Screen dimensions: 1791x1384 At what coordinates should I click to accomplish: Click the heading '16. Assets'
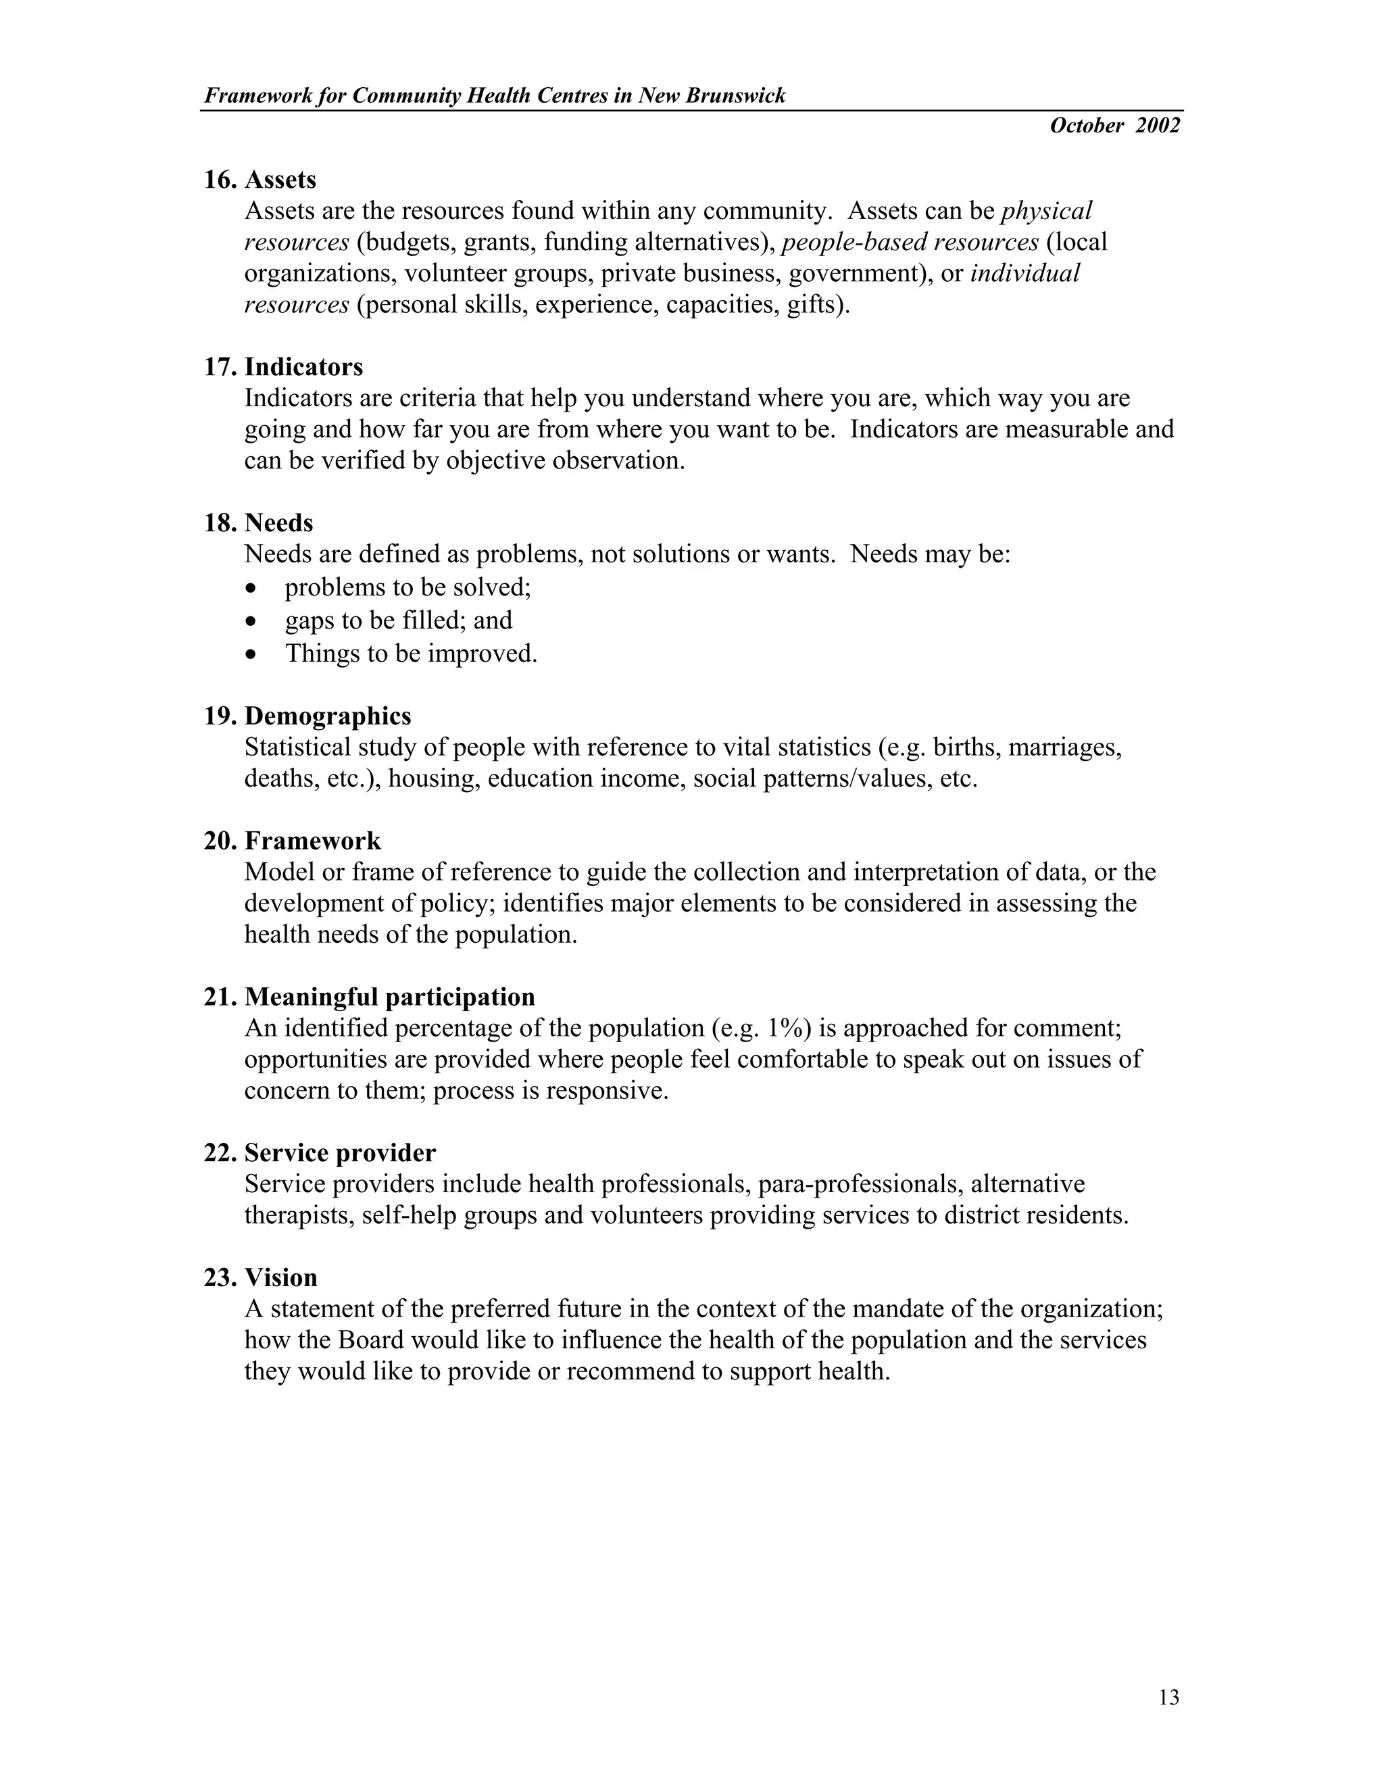tap(260, 180)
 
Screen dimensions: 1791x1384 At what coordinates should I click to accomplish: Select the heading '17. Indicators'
tap(283, 366)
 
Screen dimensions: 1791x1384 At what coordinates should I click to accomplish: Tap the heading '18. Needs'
tap(258, 522)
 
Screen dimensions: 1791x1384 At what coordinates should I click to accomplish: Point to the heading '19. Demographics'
tap(307, 716)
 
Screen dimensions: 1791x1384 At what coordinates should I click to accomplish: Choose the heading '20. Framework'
tap(292, 841)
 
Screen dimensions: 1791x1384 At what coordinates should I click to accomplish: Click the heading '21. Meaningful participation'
tap(369, 996)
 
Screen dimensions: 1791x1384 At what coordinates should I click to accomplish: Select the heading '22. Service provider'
tap(320, 1152)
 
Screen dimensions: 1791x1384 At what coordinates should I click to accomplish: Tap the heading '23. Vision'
tap(260, 1277)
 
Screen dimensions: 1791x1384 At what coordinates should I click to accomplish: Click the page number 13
tap(1169, 1698)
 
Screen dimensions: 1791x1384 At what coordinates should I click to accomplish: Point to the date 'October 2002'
tap(1114, 126)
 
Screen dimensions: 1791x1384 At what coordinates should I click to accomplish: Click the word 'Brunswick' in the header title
tap(735, 96)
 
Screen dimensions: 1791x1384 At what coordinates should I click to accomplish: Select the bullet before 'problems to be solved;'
tap(251, 589)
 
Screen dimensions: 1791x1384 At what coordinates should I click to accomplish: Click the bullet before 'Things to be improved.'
tap(251, 655)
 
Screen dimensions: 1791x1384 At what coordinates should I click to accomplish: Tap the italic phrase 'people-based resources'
tap(910, 243)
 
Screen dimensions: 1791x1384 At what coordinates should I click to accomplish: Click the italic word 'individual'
tap(1025, 274)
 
